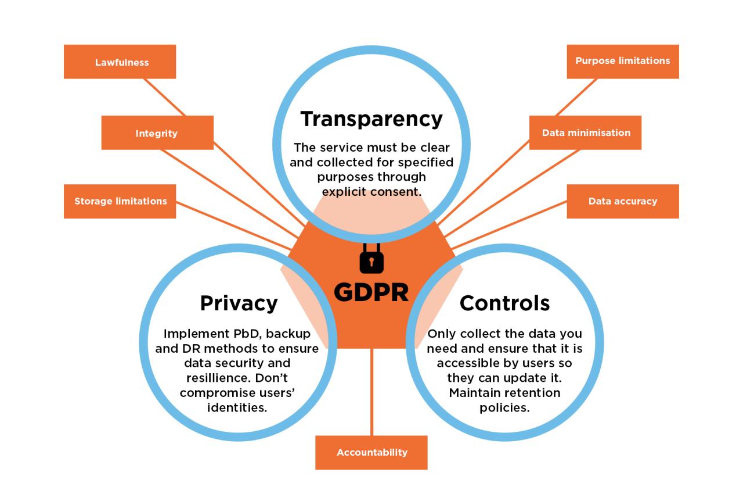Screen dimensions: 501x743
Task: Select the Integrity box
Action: tap(157, 133)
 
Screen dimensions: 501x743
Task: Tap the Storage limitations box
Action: tap(120, 201)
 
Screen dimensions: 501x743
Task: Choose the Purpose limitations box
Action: tap(622, 61)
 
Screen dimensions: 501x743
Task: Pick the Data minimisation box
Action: tap(585, 133)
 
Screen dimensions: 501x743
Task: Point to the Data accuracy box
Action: tap(622, 201)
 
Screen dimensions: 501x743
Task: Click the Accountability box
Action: tap(371, 452)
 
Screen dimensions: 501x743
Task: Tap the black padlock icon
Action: tap(371, 258)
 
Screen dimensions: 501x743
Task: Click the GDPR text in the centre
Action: tap(371, 292)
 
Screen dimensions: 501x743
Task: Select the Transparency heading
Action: tap(371, 119)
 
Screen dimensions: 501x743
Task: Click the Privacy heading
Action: tap(239, 303)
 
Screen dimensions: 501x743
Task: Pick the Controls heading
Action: tap(504, 303)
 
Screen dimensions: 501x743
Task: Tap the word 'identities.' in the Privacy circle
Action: tap(237, 407)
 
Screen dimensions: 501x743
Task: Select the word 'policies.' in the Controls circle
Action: tap(504, 407)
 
